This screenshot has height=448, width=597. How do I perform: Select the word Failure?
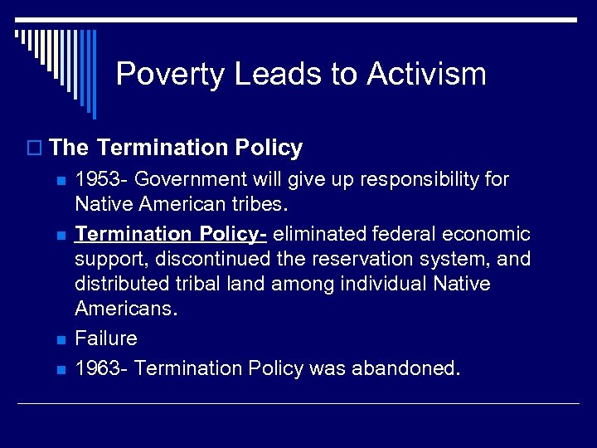[x=106, y=338]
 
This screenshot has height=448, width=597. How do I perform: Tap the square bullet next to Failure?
[x=56, y=339]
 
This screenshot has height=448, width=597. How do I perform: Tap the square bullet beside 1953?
[x=56, y=180]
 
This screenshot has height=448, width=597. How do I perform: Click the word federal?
[x=400, y=235]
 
